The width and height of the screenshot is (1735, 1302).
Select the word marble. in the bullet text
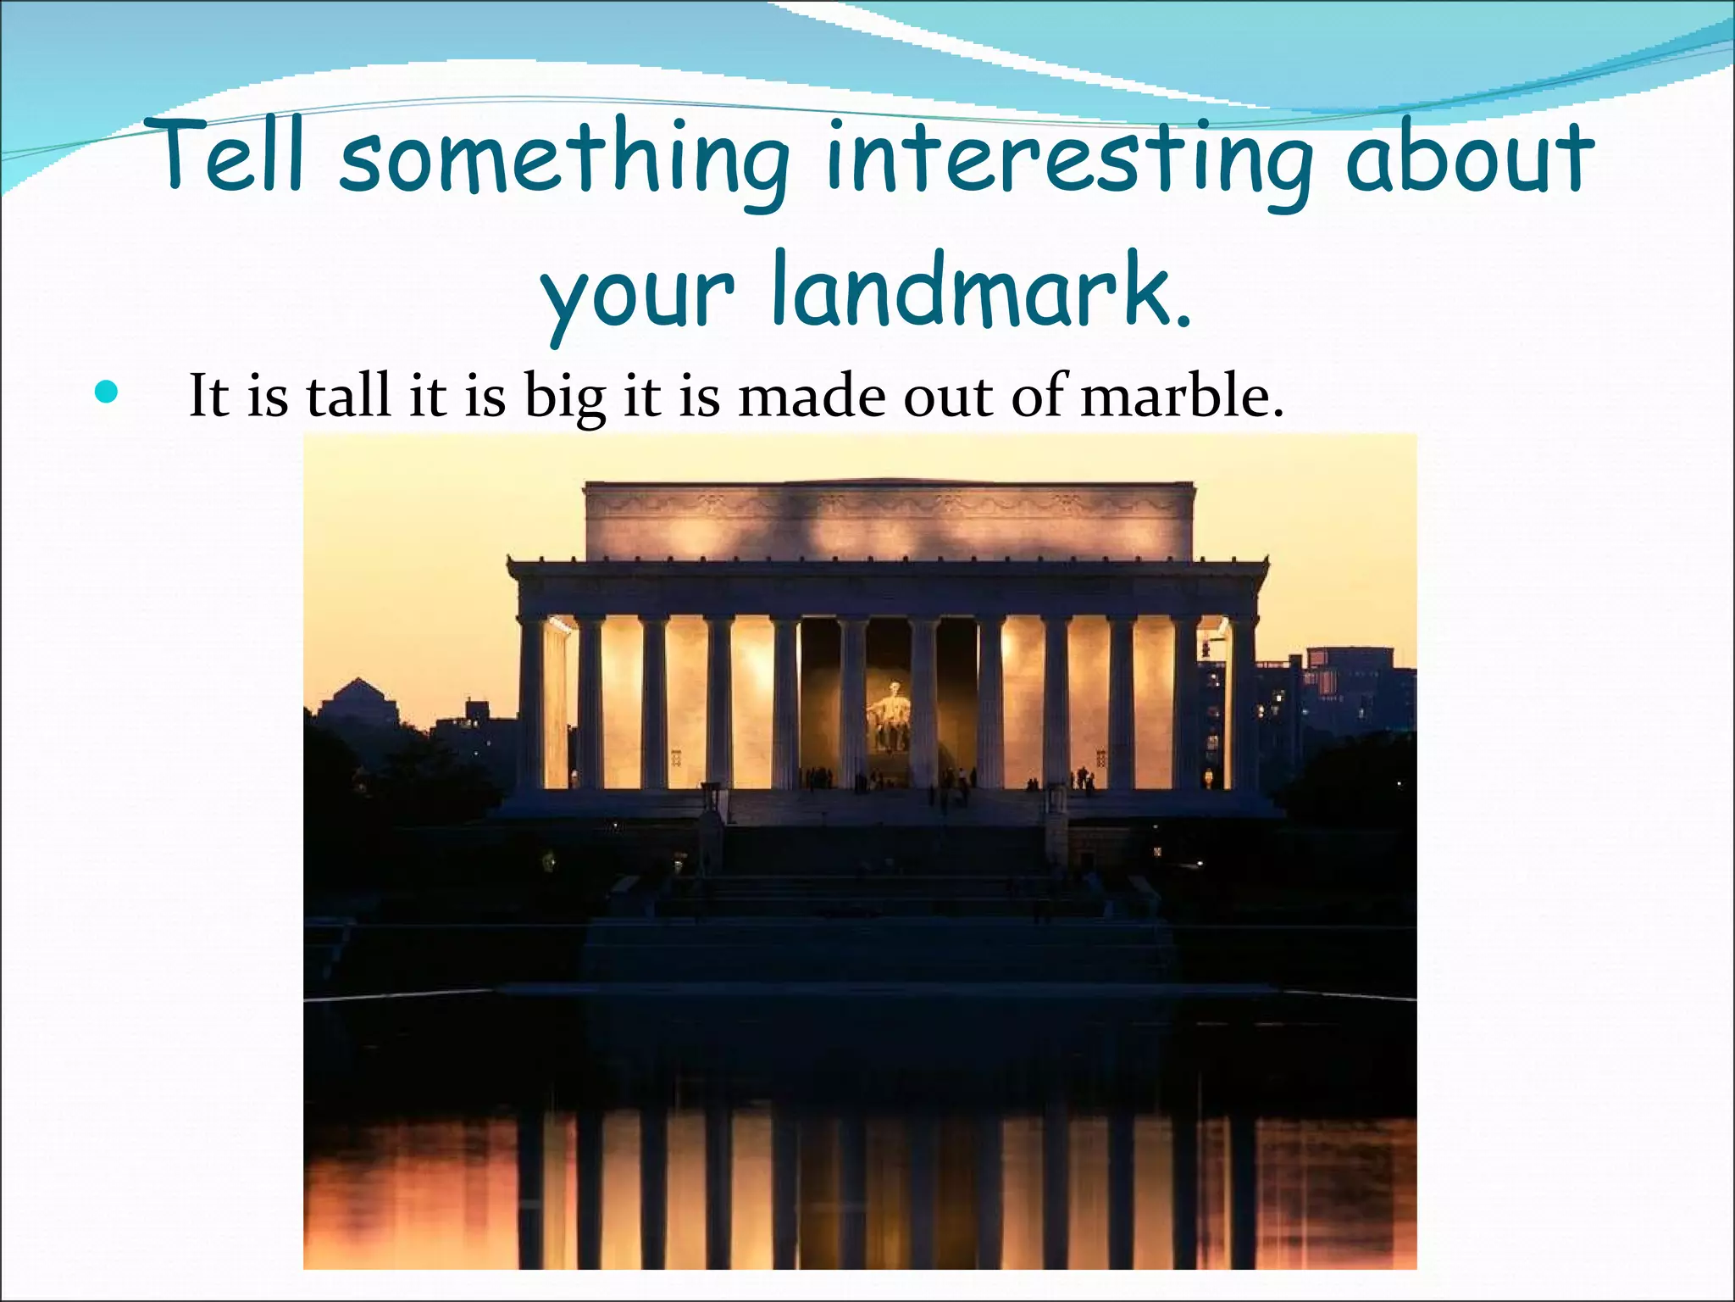pos(1183,395)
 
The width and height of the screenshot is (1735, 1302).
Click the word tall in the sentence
pos(349,395)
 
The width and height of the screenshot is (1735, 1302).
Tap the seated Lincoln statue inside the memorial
pos(890,716)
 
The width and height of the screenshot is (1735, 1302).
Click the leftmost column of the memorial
pos(531,704)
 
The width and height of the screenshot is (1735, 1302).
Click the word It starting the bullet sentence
pos(208,395)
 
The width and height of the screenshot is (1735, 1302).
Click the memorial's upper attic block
pos(890,521)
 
